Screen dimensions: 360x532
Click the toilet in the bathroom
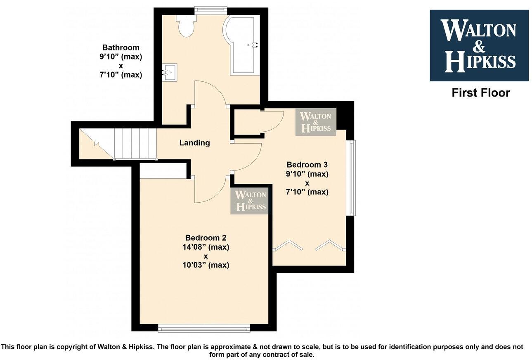point(184,26)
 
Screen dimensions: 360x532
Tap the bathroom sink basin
point(169,72)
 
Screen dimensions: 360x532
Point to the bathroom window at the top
point(211,9)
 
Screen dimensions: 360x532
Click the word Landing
point(194,143)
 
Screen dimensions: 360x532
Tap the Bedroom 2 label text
point(206,238)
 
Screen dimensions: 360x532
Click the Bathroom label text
point(121,47)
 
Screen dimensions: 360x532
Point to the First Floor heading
point(480,93)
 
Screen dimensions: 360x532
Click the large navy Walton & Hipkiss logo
point(479,45)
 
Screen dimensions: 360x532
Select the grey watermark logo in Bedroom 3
point(316,122)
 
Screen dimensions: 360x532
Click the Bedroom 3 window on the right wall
point(351,178)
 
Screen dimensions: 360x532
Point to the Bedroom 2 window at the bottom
point(204,329)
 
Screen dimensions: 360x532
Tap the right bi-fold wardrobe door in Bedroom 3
point(330,245)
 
